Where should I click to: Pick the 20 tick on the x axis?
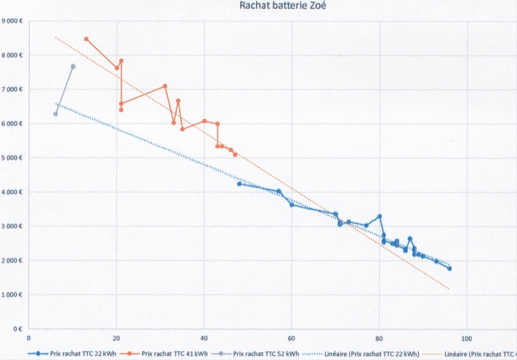(x=116, y=336)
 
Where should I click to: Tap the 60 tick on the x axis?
(x=292, y=336)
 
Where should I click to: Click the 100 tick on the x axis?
(x=467, y=336)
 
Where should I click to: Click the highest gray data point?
(x=73, y=66)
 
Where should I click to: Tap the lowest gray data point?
(x=55, y=114)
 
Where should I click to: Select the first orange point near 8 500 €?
(x=86, y=39)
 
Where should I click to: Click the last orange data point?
(x=235, y=155)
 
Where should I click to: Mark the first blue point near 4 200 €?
(x=239, y=184)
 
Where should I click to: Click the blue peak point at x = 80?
(x=379, y=216)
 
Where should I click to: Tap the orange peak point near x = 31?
(x=165, y=86)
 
